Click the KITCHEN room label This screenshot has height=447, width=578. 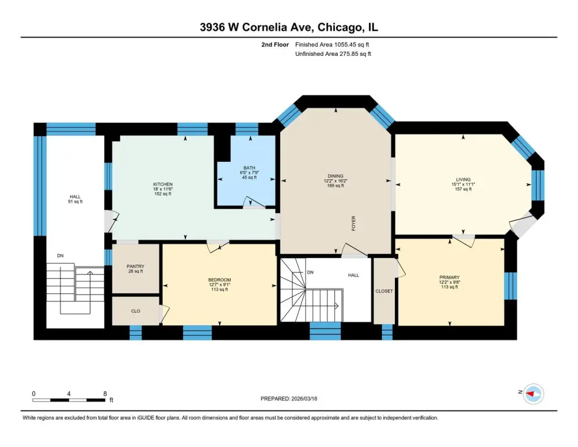tap(163, 184)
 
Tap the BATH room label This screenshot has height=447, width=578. tap(249, 168)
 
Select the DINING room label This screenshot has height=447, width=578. tap(336, 176)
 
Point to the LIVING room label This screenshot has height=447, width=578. tap(463, 180)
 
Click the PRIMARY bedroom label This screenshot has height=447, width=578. tap(449, 277)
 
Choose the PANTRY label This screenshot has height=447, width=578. tap(135, 266)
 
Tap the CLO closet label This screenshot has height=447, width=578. tap(135, 311)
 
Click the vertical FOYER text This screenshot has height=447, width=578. tap(354, 223)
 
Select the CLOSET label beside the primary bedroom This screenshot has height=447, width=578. tap(384, 291)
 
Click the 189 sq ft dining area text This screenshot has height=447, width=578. tap(336, 186)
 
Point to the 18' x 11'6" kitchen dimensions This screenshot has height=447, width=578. tap(163, 189)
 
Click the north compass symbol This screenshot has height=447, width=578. tap(533, 394)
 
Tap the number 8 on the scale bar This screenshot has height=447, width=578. tap(105, 394)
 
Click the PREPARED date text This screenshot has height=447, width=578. tap(288, 399)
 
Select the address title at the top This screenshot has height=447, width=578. tap(288, 27)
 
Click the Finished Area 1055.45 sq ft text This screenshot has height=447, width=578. tap(332, 45)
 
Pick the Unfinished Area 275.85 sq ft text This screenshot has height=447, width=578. tap(333, 54)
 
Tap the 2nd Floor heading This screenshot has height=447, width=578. tap(275, 45)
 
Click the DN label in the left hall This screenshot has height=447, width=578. tap(60, 256)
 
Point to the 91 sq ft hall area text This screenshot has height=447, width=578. tap(75, 201)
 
